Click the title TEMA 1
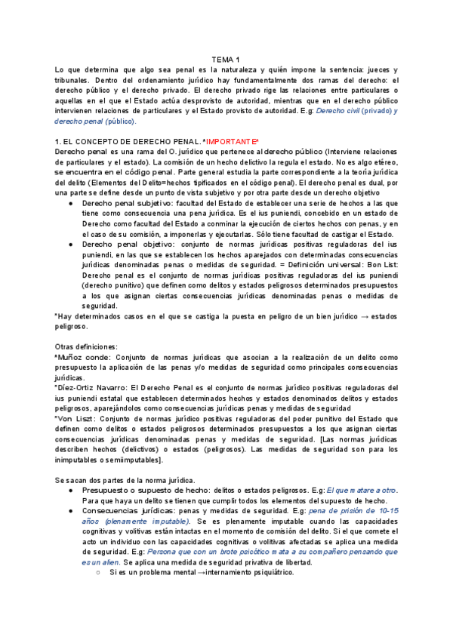[x=224, y=60]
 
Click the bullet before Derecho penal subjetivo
[x=71, y=204]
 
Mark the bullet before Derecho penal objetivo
[x=71, y=245]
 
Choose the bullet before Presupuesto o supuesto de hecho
[x=71, y=491]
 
